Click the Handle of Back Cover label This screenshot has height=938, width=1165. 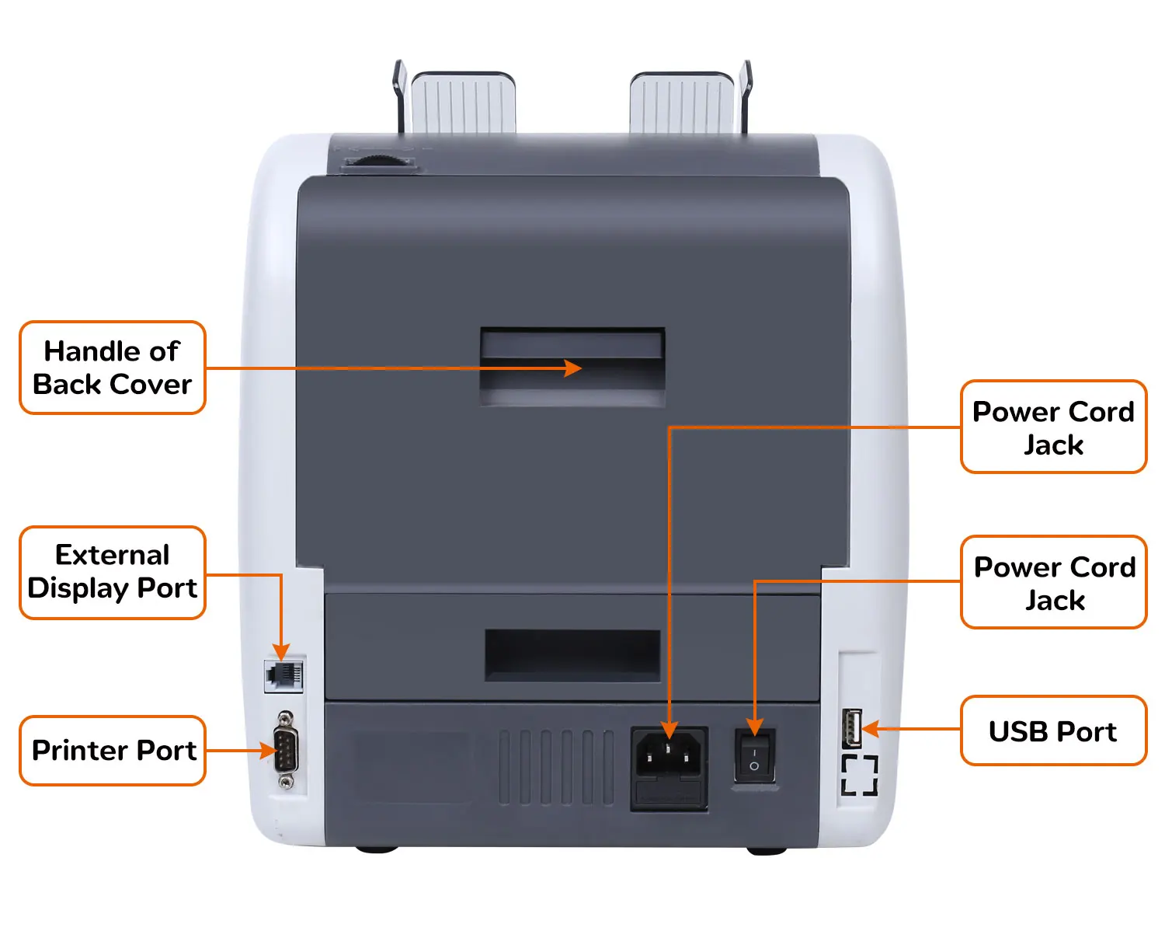pyautogui.click(x=113, y=368)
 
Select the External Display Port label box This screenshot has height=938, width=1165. pyautogui.click(x=113, y=573)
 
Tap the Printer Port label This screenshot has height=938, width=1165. pyautogui.click(x=113, y=751)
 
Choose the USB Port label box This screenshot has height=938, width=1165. pyautogui.click(x=1053, y=731)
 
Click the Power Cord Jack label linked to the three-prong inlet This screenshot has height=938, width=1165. pyautogui.click(x=1053, y=427)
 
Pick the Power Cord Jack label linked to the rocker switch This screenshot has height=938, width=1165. pyautogui.click(x=1053, y=583)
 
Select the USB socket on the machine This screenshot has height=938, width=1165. pyautogui.click(x=851, y=729)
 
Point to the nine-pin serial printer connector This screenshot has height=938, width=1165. pyautogui.click(x=287, y=751)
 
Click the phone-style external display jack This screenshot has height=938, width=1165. pyautogui.click(x=283, y=674)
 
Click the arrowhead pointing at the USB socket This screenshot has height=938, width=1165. pyautogui.click(x=871, y=729)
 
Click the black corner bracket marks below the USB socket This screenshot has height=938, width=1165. pyautogui.click(x=860, y=775)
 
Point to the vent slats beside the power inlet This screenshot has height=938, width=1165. pyautogui.click(x=555, y=767)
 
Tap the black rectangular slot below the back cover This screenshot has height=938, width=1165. pyautogui.click(x=572, y=654)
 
